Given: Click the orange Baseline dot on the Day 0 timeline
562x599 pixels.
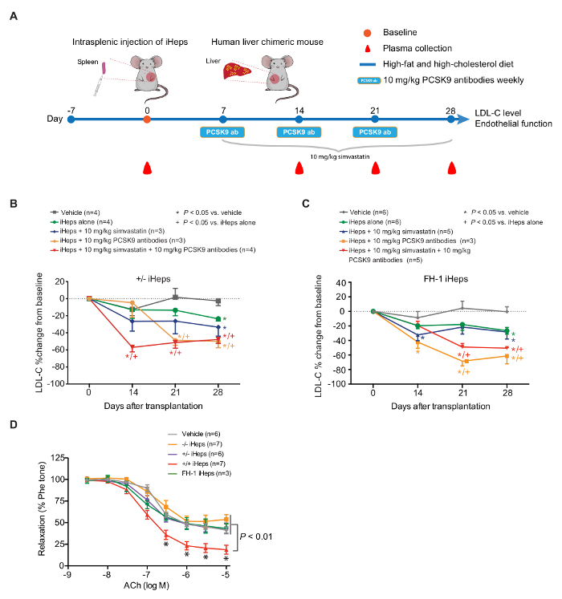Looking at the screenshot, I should [x=146, y=119].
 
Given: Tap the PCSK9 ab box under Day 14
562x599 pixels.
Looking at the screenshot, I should [x=299, y=132].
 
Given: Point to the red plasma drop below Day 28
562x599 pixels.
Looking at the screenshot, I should [x=452, y=168].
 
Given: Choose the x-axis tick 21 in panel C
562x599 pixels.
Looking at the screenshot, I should [x=462, y=395].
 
